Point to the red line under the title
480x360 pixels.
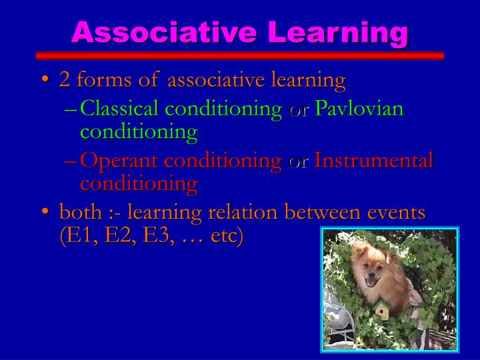point(239,55)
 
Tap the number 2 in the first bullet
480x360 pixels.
point(65,81)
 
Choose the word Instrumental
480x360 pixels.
point(373,161)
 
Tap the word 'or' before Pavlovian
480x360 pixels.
point(299,109)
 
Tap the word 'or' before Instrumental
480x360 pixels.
point(298,162)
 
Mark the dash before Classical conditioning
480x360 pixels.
point(71,109)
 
